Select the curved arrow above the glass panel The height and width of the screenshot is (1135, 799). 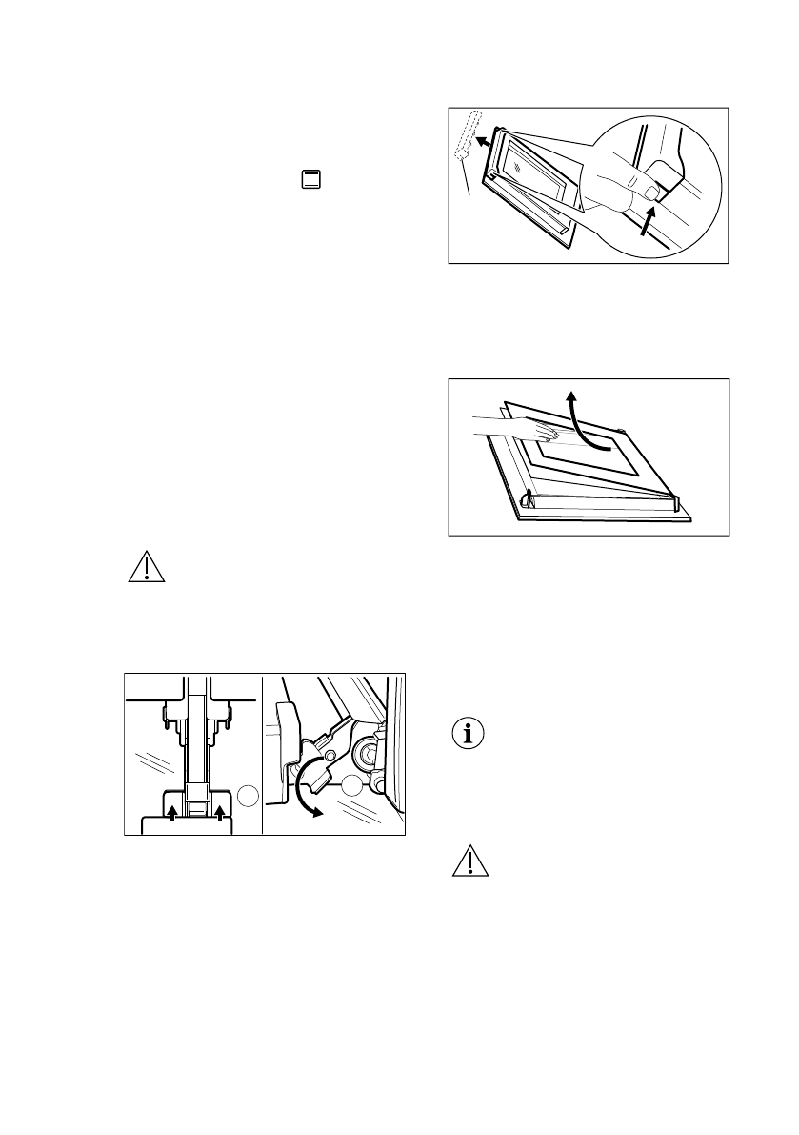583,424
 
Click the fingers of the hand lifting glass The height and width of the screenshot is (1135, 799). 546,434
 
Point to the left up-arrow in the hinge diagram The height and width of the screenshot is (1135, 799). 171,812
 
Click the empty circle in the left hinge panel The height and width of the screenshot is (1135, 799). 247,793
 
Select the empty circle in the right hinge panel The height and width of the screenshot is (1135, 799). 354,787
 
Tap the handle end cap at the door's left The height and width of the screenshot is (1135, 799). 526,497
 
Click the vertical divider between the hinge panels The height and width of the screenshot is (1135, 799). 262,753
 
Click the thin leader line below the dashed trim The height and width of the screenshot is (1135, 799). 467,178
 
